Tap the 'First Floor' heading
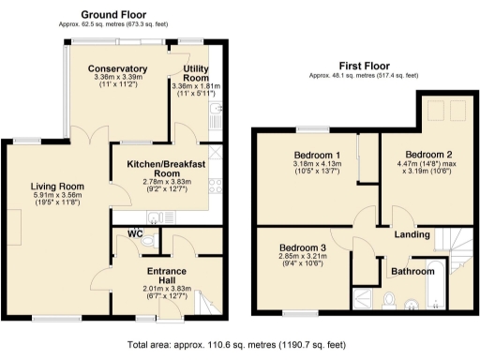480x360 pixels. (x=363, y=65)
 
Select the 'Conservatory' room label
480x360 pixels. (x=117, y=69)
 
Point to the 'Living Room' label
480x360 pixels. (x=58, y=187)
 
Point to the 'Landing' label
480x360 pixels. (x=412, y=233)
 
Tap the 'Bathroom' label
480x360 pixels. (x=412, y=272)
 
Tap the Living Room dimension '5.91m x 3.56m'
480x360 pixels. (x=58, y=197)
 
